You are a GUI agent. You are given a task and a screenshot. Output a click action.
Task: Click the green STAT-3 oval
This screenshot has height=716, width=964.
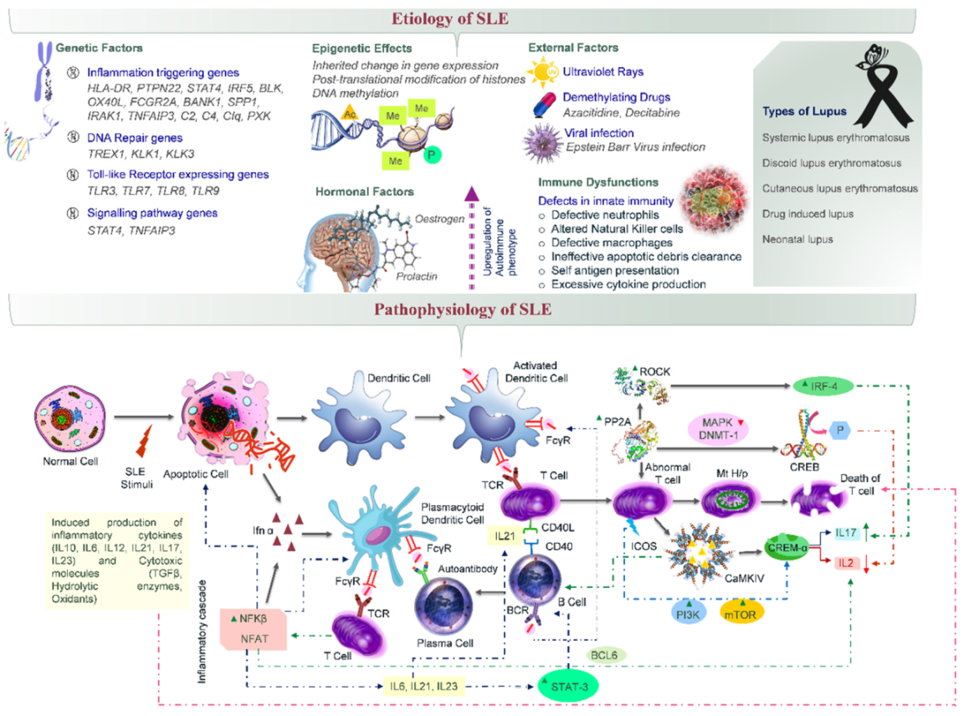(x=569, y=686)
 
